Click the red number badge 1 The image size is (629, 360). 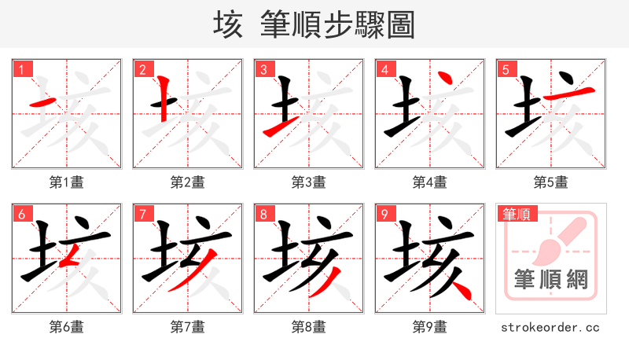[21, 69]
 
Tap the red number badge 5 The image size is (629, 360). [506, 69]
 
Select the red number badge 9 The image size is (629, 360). [384, 214]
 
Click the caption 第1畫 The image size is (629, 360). [67, 182]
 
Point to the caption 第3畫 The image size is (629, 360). [309, 182]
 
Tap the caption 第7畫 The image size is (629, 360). [188, 326]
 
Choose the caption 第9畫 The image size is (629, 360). [430, 326]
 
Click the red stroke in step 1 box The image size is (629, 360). [42, 103]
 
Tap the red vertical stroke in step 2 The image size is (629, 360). [163, 98]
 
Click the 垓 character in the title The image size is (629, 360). [227, 25]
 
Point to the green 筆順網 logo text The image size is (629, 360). [551, 279]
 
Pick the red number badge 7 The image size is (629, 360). [142, 214]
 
